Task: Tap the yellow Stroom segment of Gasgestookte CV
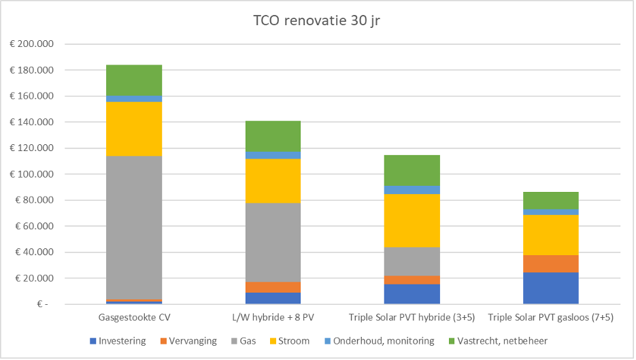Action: click(x=134, y=129)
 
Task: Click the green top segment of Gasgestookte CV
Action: click(x=134, y=80)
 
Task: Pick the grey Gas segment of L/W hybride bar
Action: click(x=273, y=242)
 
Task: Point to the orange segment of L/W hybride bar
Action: click(x=273, y=287)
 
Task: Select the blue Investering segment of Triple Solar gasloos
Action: click(x=550, y=288)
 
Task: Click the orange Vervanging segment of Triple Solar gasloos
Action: click(x=550, y=263)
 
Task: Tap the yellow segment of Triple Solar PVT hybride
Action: click(x=412, y=220)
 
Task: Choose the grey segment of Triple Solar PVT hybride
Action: click(x=412, y=261)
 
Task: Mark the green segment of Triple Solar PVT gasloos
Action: click(x=550, y=200)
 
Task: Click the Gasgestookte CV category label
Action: click(x=134, y=318)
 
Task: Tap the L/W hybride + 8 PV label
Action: click(x=273, y=318)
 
